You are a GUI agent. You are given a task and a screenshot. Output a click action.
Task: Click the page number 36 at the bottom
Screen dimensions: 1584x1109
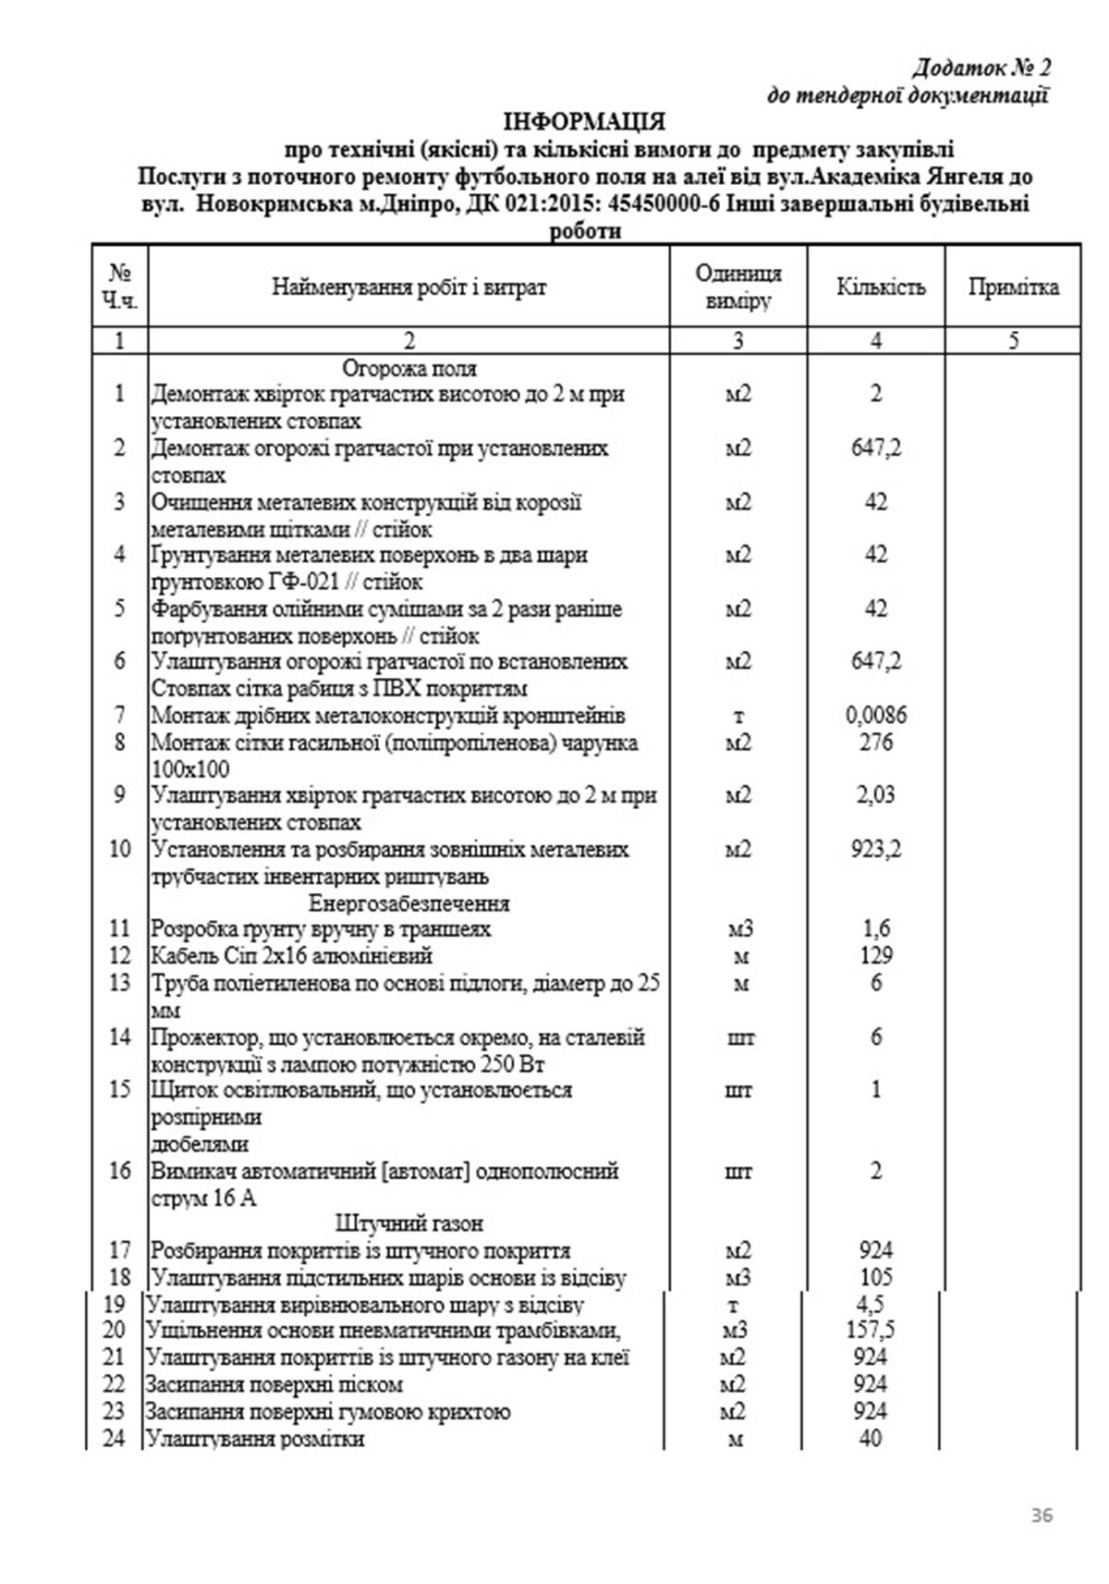tap(1042, 1516)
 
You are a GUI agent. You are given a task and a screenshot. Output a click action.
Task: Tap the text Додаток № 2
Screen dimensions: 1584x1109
tap(981, 68)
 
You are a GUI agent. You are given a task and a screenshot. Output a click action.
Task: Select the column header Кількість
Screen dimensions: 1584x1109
tap(880, 287)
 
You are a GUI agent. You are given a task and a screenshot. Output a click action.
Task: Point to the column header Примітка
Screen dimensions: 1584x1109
tap(1013, 287)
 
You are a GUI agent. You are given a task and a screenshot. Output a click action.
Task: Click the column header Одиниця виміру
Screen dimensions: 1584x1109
tap(738, 287)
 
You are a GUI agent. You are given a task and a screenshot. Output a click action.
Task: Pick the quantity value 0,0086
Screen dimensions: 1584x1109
tap(876, 715)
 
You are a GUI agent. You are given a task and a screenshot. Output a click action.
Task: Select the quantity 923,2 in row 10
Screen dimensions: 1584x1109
tap(875, 849)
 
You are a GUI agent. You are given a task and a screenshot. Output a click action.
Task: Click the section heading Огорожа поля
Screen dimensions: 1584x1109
tap(409, 368)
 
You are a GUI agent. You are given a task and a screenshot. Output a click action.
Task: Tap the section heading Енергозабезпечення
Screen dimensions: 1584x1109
tap(409, 903)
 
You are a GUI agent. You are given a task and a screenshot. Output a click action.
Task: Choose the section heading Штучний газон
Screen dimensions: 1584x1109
tap(409, 1223)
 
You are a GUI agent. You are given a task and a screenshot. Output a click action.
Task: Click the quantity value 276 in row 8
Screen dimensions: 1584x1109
tap(875, 742)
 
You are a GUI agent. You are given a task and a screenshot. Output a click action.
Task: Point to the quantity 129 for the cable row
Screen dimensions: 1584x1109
tap(875, 955)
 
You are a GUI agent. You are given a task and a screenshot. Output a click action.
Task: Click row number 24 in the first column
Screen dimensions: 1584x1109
tap(114, 1439)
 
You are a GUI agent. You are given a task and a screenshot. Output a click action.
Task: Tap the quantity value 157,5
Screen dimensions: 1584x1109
tap(870, 1331)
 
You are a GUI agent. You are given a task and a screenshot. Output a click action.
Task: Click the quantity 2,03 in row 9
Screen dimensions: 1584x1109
tap(875, 795)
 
